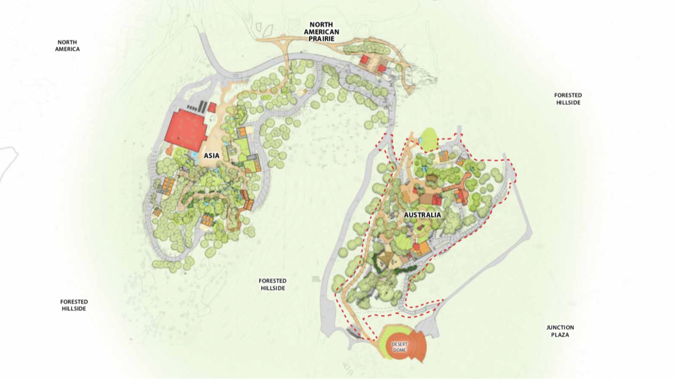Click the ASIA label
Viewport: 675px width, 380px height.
(211, 156)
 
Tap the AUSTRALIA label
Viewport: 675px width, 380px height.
(422, 215)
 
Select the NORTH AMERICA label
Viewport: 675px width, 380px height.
(67, 46)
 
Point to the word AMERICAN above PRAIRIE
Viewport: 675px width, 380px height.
(321, 32)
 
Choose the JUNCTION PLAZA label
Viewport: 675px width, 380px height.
(560, 331)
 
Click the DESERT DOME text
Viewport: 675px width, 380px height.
(399, 347)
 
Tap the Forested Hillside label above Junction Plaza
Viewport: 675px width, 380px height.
(568, 99)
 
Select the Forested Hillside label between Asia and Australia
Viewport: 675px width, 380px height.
(272, 284)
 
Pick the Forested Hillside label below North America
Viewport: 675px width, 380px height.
(74, 305)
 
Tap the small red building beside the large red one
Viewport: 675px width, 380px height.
(212, 107)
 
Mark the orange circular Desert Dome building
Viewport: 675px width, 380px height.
(404, 347)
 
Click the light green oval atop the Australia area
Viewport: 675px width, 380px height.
(429, 139)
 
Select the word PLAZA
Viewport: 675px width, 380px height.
(560, 335)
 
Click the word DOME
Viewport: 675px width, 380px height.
(399, 350)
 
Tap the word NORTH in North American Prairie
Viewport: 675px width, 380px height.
(321, 25)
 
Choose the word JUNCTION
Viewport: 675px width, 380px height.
(560, 328)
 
